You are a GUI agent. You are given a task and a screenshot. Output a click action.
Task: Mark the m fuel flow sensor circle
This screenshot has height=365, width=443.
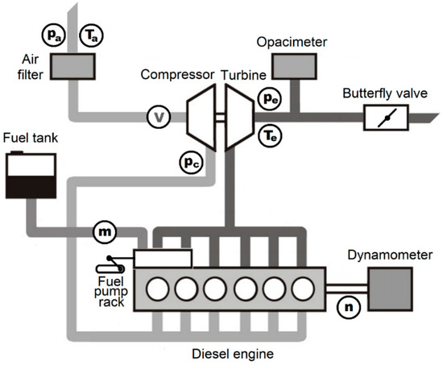pos(105,231)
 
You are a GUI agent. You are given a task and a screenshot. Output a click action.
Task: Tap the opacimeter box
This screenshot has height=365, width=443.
pos(294,64)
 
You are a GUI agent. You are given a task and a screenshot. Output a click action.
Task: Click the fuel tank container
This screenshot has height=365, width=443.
pos(29,176)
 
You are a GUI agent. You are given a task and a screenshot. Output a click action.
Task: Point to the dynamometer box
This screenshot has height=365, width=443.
pos(391,287)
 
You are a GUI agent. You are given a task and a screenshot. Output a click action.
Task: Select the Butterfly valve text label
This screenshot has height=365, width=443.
pos(379,92)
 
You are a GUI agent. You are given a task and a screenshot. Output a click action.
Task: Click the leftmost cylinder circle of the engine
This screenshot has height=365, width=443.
pos(155,288)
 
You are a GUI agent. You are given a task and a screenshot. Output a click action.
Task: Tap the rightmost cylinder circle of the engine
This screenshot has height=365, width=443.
pos(304,288)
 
